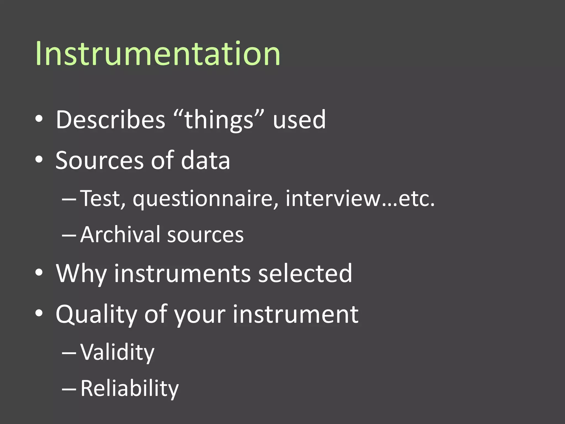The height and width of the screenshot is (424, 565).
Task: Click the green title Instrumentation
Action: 158,54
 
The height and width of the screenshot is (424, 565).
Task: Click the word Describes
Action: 110,120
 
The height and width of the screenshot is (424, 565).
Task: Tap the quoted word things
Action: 218,120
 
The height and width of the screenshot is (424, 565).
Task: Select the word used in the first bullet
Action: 299,120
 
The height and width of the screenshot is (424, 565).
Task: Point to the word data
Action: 205,161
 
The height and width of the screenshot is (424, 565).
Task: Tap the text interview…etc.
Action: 360,198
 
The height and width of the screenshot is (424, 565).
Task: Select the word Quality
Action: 96,315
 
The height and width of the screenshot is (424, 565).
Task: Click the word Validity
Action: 117,353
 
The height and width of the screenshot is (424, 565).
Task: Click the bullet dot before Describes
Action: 39,119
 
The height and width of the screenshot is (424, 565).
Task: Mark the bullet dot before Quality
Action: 39,314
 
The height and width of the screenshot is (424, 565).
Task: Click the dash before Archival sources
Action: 69,235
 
